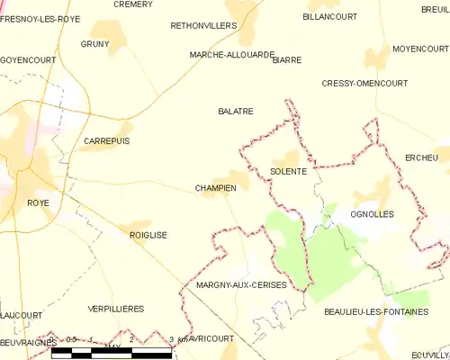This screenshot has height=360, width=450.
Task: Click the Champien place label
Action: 215,188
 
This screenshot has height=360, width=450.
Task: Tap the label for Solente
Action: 288,171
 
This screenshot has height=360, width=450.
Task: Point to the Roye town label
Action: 38,203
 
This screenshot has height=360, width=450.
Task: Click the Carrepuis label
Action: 106,141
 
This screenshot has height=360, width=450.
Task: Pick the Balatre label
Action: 236,112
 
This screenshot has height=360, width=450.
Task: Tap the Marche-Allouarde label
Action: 231,55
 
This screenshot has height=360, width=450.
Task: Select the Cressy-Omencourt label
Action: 364,83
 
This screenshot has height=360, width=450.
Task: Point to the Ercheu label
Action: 421,157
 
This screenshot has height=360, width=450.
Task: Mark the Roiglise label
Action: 148,235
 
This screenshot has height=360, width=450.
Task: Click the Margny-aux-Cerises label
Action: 241,284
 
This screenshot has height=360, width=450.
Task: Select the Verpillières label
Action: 116,309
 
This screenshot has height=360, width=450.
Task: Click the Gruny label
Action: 94,44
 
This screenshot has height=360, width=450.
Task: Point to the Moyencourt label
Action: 420,48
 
